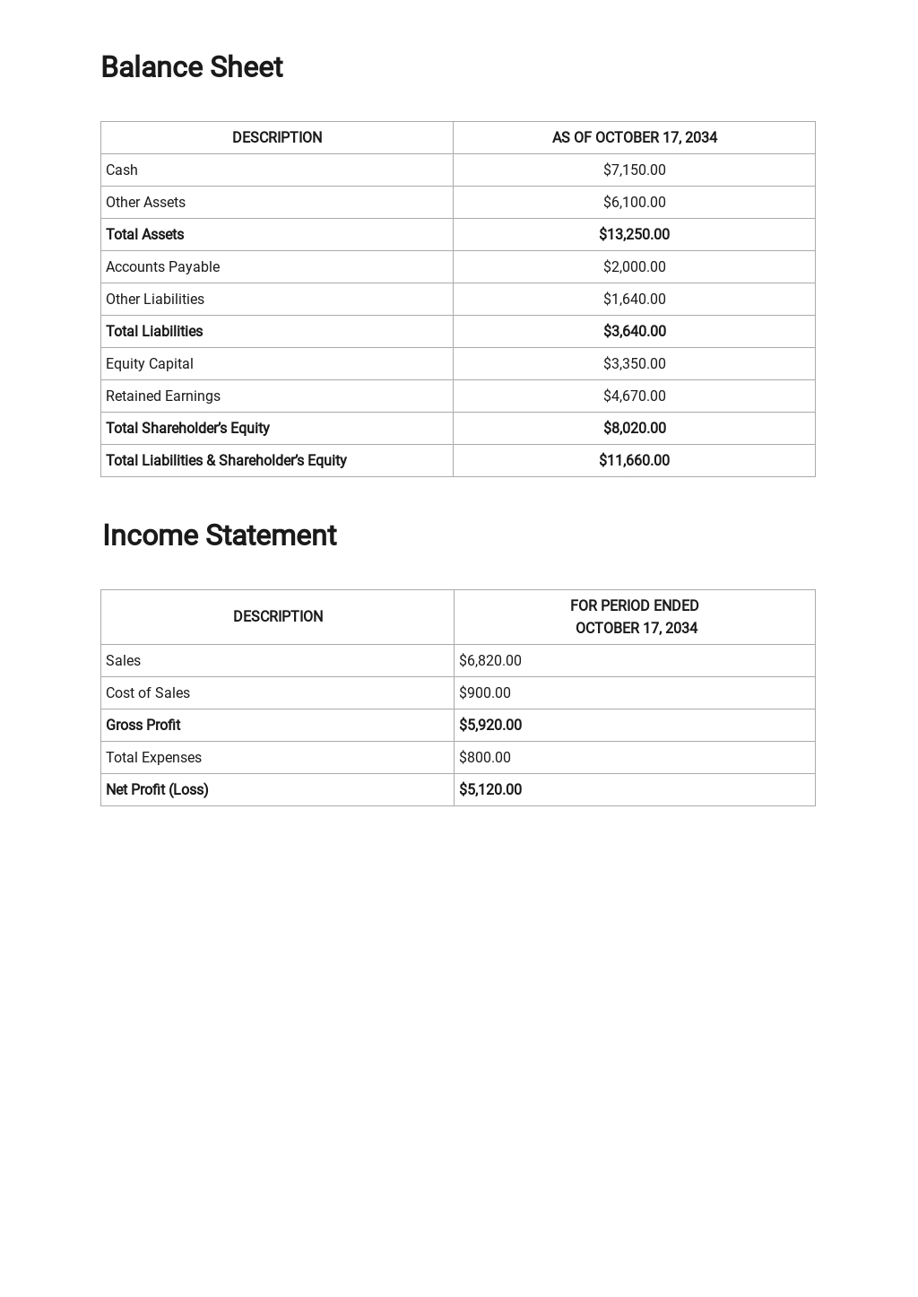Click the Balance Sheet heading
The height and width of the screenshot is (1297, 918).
click(x=192, y=67)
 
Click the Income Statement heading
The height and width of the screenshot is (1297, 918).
click(x=220, y=535)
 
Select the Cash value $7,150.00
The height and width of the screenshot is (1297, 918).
click(x=634, y=170)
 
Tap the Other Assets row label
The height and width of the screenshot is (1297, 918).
click(x=145, y=203)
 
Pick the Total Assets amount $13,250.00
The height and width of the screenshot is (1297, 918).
click(x=634, y=235)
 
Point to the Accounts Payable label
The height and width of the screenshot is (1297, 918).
click(x=162, y=267)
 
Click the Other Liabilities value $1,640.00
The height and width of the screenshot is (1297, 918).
click(x=634, y=300)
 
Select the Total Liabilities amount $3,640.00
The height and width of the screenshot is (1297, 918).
click(x=634, y=332)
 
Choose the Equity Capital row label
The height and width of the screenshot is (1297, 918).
click(x=149, y=364)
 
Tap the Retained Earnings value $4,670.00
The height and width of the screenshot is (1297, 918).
click(x=634, y=396)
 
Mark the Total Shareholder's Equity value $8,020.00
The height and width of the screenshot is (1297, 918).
click(x=634, y=429)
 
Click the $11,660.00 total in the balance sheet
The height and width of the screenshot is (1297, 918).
click(x=634, y=461)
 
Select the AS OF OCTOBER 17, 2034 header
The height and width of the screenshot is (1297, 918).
click(x=634, y=138)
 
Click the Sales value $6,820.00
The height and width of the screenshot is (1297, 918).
click(x=489, y=661)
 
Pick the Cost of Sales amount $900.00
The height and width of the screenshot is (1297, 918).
click(x=484, y=693)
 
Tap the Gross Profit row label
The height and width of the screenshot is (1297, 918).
click(x=143, y=726)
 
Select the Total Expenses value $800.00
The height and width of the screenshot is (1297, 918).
click(x=484, y=758)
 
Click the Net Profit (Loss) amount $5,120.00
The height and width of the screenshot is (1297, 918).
click(x=489, y=790)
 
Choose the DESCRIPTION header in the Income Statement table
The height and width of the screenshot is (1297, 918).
click(x=278, y=617)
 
